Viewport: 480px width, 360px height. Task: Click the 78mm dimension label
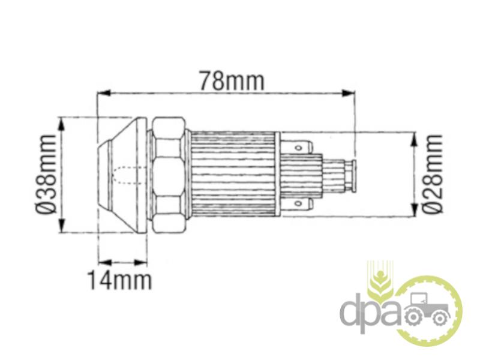pos(232,81)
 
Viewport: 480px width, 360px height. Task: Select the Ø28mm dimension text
pos(433,173)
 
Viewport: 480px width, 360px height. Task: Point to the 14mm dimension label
pos(119,280)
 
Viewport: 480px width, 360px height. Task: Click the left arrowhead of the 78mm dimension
pos(103,92)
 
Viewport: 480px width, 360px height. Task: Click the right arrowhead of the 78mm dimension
pos(349,93)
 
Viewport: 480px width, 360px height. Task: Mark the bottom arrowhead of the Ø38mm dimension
pos(62,226)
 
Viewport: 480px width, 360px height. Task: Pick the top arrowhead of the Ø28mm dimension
pos(414,139)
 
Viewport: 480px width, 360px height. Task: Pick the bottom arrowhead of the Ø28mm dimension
pos(414,209)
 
